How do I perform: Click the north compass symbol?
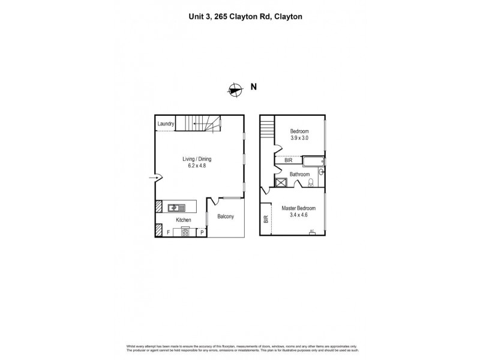click(x=235, y=89)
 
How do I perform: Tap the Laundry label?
click(x=166, y=124)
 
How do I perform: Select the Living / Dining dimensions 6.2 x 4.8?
click(x=197, y=166)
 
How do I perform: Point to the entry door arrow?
click(x=153, y=177)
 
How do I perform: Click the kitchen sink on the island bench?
click(x=175, y=208)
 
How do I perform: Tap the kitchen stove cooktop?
click(x=185, y=231)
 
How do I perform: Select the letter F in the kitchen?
click(x=168, y=232)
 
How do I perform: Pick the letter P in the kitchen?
click(x=202, y=232)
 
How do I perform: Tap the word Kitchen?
click(x=184, y=220)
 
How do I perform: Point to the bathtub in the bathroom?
click(x=313, y=161)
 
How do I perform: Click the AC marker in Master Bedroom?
click(x=311, y=231)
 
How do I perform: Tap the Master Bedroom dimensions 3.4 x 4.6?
click(x=298, y=214)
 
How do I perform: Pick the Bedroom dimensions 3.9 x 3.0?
click(x=299, y=138)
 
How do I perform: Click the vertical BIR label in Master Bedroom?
click(x=266, y=220)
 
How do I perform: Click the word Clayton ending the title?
click(x=288, y=17)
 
